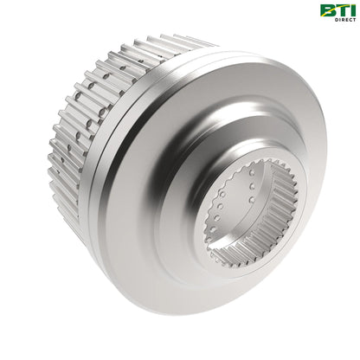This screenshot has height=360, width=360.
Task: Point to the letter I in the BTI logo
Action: click(350, 10)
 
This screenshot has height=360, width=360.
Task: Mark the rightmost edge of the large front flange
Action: click(325, 164)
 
